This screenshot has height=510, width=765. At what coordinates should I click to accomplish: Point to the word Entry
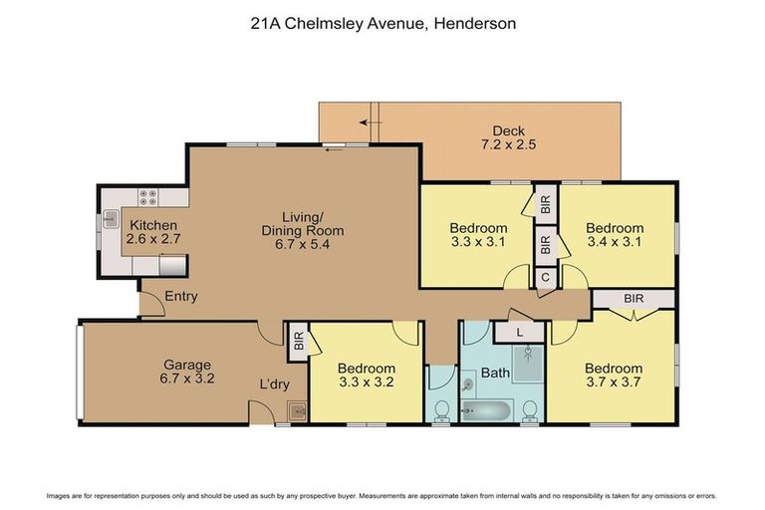point(181,295)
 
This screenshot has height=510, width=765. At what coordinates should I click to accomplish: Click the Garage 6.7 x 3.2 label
point(187,372)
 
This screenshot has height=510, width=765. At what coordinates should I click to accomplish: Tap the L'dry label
point(274,384)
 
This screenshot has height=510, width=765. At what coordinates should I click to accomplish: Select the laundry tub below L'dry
point(295,409)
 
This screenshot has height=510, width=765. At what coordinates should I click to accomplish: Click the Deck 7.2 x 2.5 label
point(514,137)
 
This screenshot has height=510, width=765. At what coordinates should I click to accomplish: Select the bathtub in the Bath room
point(486,408)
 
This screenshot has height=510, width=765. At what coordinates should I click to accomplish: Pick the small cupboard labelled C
point(545,279)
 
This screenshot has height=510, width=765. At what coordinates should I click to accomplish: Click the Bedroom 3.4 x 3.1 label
point(614,234)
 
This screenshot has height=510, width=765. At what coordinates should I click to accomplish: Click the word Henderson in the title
point(473,21)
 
